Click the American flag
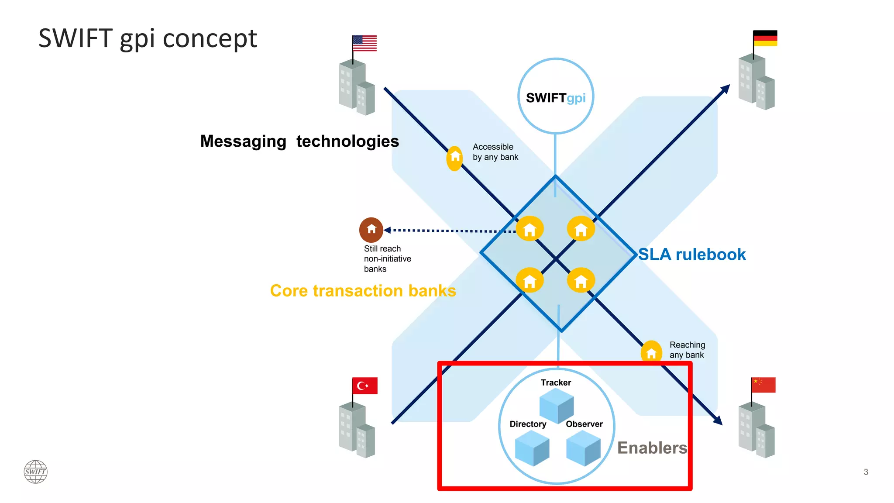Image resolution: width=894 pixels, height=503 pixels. tap(364, 43)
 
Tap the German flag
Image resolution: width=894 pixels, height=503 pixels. tap(765, 38)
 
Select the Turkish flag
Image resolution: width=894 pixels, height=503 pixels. tap(365, 386)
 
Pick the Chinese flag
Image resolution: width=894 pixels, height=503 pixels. tap(763, 385)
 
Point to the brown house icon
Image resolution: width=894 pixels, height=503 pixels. tap(371, 230)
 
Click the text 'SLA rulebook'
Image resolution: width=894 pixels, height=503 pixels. tap(692, 255)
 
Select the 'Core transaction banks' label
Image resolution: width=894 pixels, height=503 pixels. tap(363, 291)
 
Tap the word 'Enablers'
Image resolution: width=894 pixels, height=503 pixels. tap(652, 448)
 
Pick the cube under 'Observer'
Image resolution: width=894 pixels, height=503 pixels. tap(583, 448)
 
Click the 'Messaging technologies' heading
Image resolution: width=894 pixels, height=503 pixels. tap(299, 141)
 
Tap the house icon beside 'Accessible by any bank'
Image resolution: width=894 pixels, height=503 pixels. tap(455, 158)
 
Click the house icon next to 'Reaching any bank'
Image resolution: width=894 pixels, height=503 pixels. tap(651, 352)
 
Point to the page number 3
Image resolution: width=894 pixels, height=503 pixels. tap(866, 472)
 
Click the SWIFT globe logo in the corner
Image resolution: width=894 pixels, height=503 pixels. tap(35, 472)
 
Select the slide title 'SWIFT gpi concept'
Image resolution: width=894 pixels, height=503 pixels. tap(148, 38)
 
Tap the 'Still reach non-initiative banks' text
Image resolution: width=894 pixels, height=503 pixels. tap(387, 259)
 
